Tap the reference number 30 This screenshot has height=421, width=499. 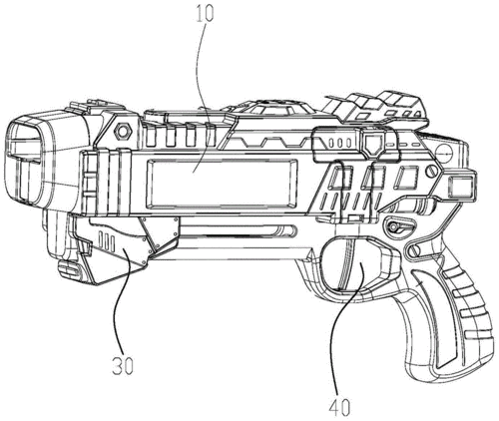(x=122, y=366)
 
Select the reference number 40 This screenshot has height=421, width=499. (x=339, y=407)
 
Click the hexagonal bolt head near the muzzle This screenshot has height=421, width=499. (x=123, y=132)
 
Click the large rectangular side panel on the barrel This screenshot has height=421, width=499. (x=222, y=183)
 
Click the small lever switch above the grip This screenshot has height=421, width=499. (x=399, y=226)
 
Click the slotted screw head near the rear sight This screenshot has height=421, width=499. (x=431, y=172)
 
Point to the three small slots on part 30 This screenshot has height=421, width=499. (x=107, y=243)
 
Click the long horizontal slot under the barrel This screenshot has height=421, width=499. (x=238, y=230)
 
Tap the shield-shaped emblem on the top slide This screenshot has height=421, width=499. (x=372, y=143)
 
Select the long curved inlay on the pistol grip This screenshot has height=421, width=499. (x=436, y=316)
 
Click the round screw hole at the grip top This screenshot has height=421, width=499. (x=412, y=251)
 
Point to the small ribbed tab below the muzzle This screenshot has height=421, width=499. (x=69, y=268)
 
